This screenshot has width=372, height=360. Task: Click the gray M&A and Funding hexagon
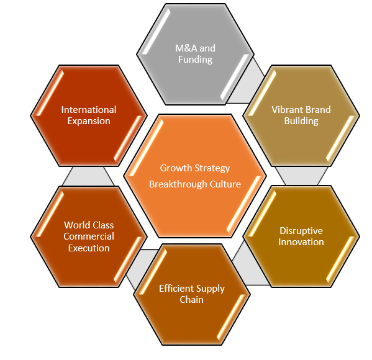[x=195, y=54]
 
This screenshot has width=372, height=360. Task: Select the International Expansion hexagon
[x=89, y=115]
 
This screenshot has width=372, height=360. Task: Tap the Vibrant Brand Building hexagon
[x=301, y=115]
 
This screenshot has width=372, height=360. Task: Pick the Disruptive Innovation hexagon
[x=301, y=236]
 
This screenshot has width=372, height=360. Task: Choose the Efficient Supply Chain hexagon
[x=192, y=294]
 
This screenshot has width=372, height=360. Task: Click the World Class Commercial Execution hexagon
[x=89, y=236]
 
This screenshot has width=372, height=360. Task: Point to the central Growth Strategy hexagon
[x=195, y=176]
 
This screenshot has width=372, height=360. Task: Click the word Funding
[x=195, y=60]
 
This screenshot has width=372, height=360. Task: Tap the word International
[x=89, y=110]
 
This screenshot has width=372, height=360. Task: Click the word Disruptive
[x=301, y=231]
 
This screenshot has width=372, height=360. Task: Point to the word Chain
[x=192, y=300]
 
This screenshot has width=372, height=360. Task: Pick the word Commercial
[x=89, y=236]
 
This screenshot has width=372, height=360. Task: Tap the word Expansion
[x=89, y=121]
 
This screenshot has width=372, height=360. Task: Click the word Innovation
[x=301, y=242]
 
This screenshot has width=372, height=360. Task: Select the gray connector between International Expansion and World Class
[x=88, y=176]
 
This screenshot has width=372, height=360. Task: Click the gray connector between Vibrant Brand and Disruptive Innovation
[x=302, y=176]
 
